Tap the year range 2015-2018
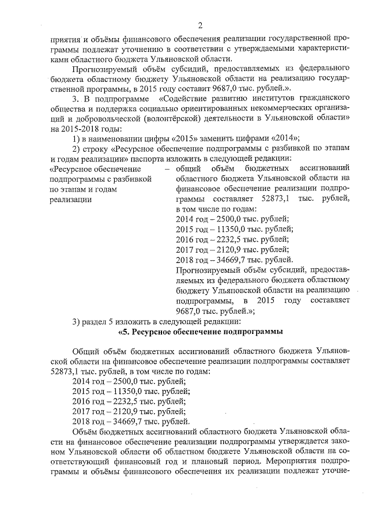(x=78, y=127)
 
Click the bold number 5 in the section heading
(x=125, y=332)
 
